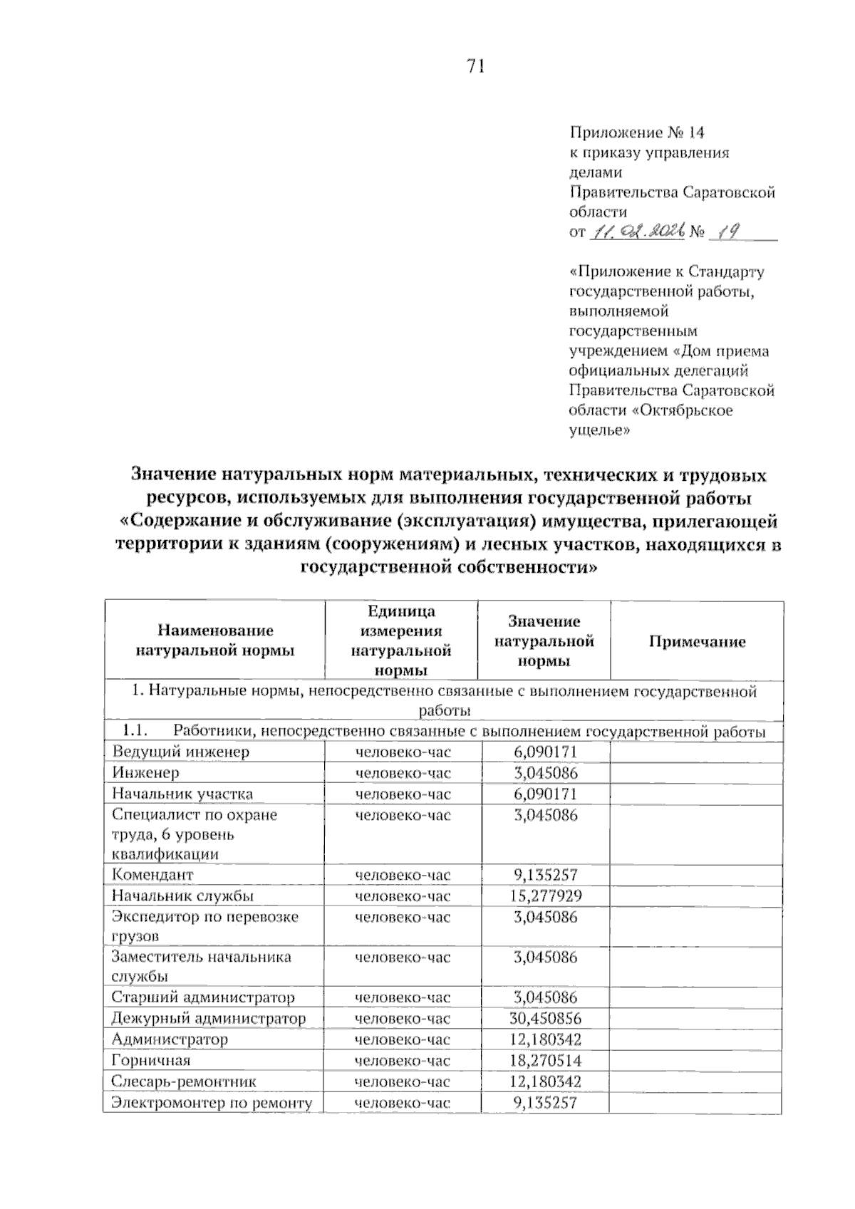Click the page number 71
(475, 67)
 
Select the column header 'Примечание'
(697, 642)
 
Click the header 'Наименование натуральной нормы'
(215, 640)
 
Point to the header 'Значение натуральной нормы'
(544, 641)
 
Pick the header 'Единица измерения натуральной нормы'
(401, 640)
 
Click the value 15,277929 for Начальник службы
(545, 896)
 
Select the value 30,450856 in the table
(545, 1019)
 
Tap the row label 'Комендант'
(152, 875)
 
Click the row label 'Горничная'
(151, 1061)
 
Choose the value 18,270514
(545, 1061)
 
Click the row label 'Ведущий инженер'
(181, 752)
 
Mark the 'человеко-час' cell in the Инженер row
(403, 773)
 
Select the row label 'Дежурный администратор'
(208, 1019)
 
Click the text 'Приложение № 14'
(636, 133)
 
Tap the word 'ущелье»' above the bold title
(599, 430)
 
